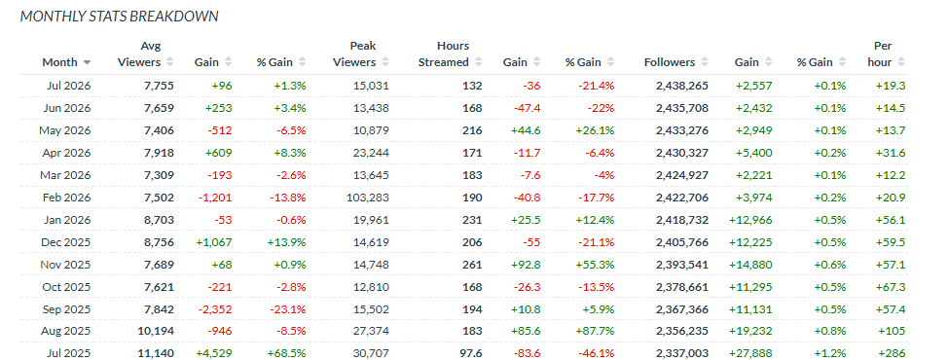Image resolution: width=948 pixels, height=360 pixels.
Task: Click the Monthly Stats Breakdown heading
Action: point(119,17)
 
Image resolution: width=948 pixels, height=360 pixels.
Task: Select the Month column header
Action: point(59,62)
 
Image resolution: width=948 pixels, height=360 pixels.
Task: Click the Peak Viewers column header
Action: point(363,54)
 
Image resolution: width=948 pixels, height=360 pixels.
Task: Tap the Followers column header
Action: point(670,62)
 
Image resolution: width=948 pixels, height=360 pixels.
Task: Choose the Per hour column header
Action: point(884,54)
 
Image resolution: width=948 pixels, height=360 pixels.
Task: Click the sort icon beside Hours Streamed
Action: point(478,62)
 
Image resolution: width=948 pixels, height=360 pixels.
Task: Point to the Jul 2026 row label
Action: point(68,86)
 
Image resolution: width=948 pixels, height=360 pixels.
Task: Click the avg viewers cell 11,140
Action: point(156,354)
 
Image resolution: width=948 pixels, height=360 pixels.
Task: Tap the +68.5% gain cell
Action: point(286,354)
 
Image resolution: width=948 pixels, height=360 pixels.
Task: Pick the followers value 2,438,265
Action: point(682,86)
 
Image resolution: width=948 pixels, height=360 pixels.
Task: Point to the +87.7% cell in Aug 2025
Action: point(595,332)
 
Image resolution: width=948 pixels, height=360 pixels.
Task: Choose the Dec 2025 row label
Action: point(66,242)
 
